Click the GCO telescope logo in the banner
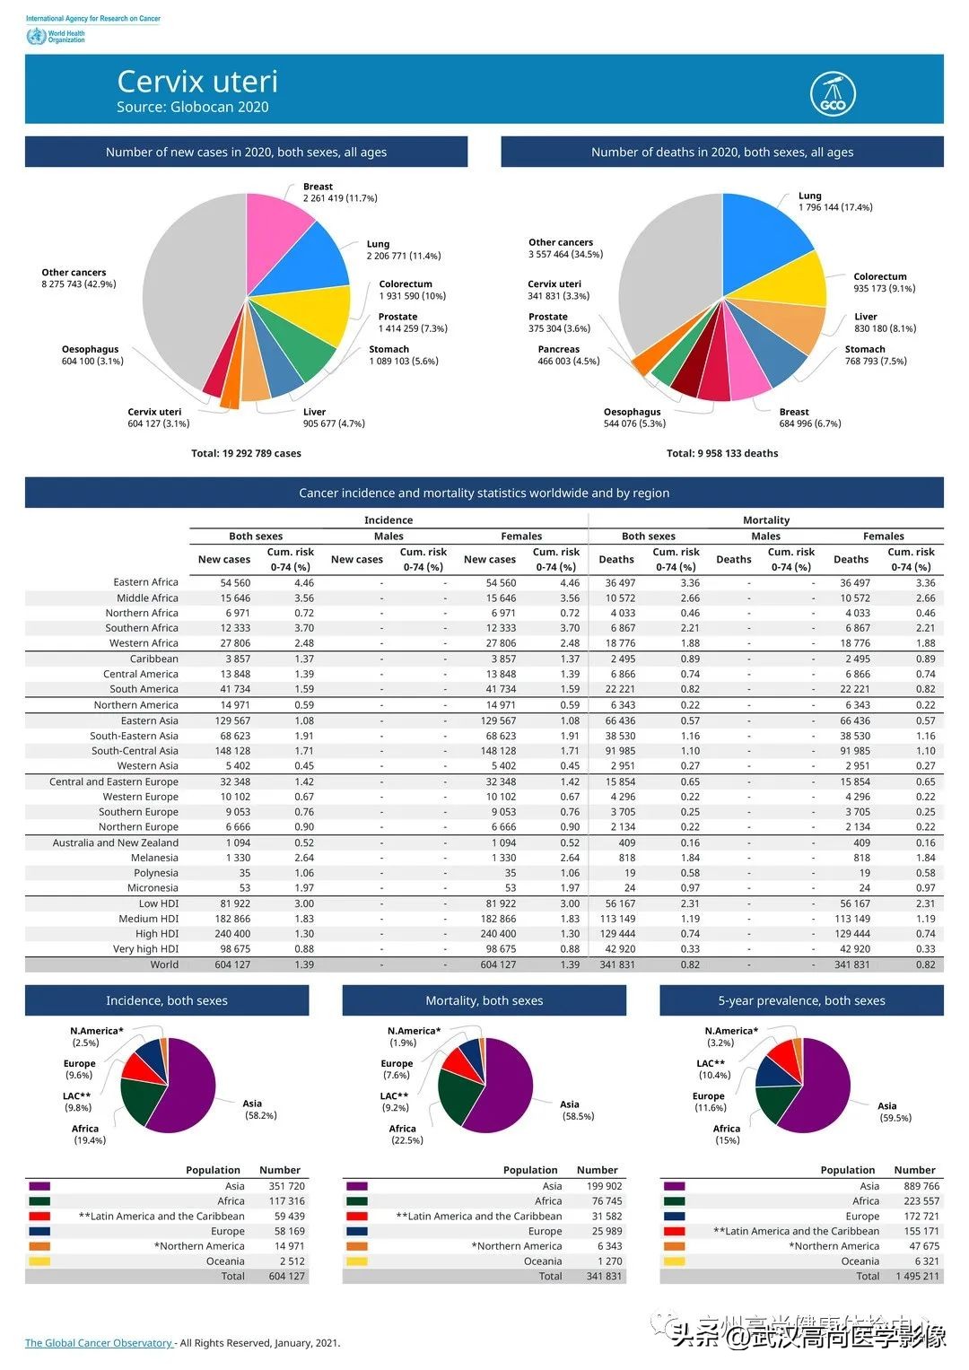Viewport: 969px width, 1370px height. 833,93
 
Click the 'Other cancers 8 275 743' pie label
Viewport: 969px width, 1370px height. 78,278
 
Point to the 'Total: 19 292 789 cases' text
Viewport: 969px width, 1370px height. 246,453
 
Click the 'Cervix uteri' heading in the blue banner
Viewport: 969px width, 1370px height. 197,82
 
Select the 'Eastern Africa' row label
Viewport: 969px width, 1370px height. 145,582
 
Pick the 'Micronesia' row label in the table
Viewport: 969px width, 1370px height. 153,888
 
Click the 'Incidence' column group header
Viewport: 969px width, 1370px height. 388,520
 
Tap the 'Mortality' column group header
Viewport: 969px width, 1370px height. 766,520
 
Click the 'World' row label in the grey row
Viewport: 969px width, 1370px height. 164,964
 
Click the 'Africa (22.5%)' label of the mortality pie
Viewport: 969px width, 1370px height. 406,1134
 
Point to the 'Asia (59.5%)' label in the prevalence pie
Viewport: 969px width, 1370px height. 894,1112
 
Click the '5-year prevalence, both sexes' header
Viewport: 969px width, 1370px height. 801,1000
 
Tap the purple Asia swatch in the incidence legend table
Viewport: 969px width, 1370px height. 39,1186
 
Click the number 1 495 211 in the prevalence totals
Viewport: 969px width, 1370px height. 916,1276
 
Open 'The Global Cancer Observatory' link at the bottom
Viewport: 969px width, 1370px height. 99,1343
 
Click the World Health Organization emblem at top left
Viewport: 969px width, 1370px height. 36,36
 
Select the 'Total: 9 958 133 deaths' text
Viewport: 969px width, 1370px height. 721,453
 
